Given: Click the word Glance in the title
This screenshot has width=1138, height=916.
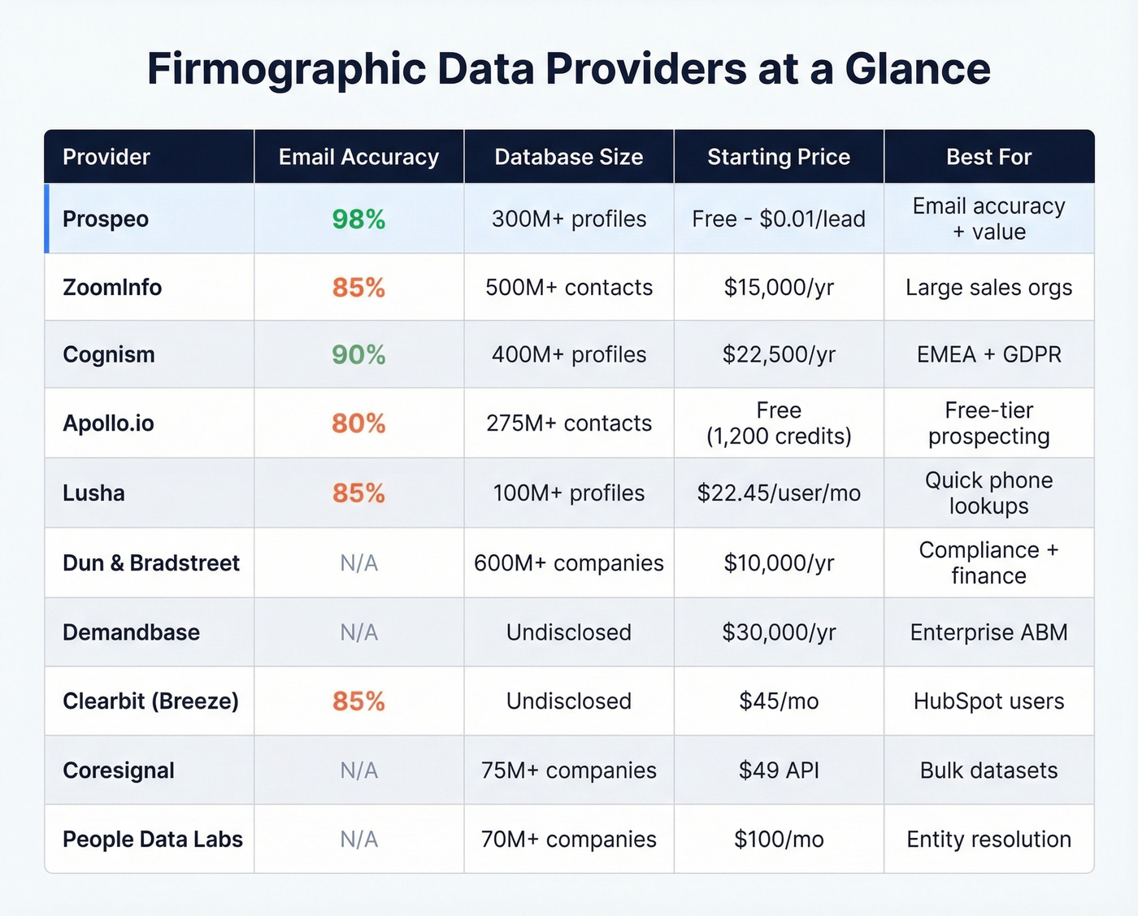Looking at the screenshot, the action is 917,68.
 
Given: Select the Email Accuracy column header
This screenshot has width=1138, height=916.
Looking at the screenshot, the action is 358,157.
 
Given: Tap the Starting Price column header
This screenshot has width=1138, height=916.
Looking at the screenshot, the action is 778,157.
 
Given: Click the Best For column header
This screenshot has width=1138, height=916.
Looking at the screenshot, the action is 988,157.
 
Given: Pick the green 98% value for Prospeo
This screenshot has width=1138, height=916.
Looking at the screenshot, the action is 358,219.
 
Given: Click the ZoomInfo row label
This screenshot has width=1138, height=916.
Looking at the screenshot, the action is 112,288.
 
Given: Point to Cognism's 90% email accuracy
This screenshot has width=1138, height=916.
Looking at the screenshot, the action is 358,355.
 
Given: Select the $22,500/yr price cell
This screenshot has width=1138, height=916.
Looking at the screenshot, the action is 778,355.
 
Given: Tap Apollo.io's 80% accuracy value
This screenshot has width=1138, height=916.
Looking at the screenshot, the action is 358,423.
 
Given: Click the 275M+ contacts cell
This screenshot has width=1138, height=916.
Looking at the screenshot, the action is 568,423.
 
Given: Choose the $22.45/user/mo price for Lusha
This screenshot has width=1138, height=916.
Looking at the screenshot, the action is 778,493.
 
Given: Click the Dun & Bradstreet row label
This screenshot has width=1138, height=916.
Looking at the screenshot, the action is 151,563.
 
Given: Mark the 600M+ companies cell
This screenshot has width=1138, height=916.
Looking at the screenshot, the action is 568,563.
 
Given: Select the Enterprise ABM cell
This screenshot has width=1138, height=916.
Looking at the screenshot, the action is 988,632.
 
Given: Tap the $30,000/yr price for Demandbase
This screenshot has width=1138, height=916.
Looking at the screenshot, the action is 778,632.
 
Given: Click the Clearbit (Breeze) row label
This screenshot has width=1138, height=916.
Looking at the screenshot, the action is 151,701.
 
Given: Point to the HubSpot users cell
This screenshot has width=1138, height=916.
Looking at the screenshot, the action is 988,701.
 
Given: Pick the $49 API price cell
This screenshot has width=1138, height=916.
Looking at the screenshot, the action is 778,771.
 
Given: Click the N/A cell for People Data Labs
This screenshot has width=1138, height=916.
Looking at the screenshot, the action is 358,840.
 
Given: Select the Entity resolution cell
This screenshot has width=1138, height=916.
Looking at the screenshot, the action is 988,840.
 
